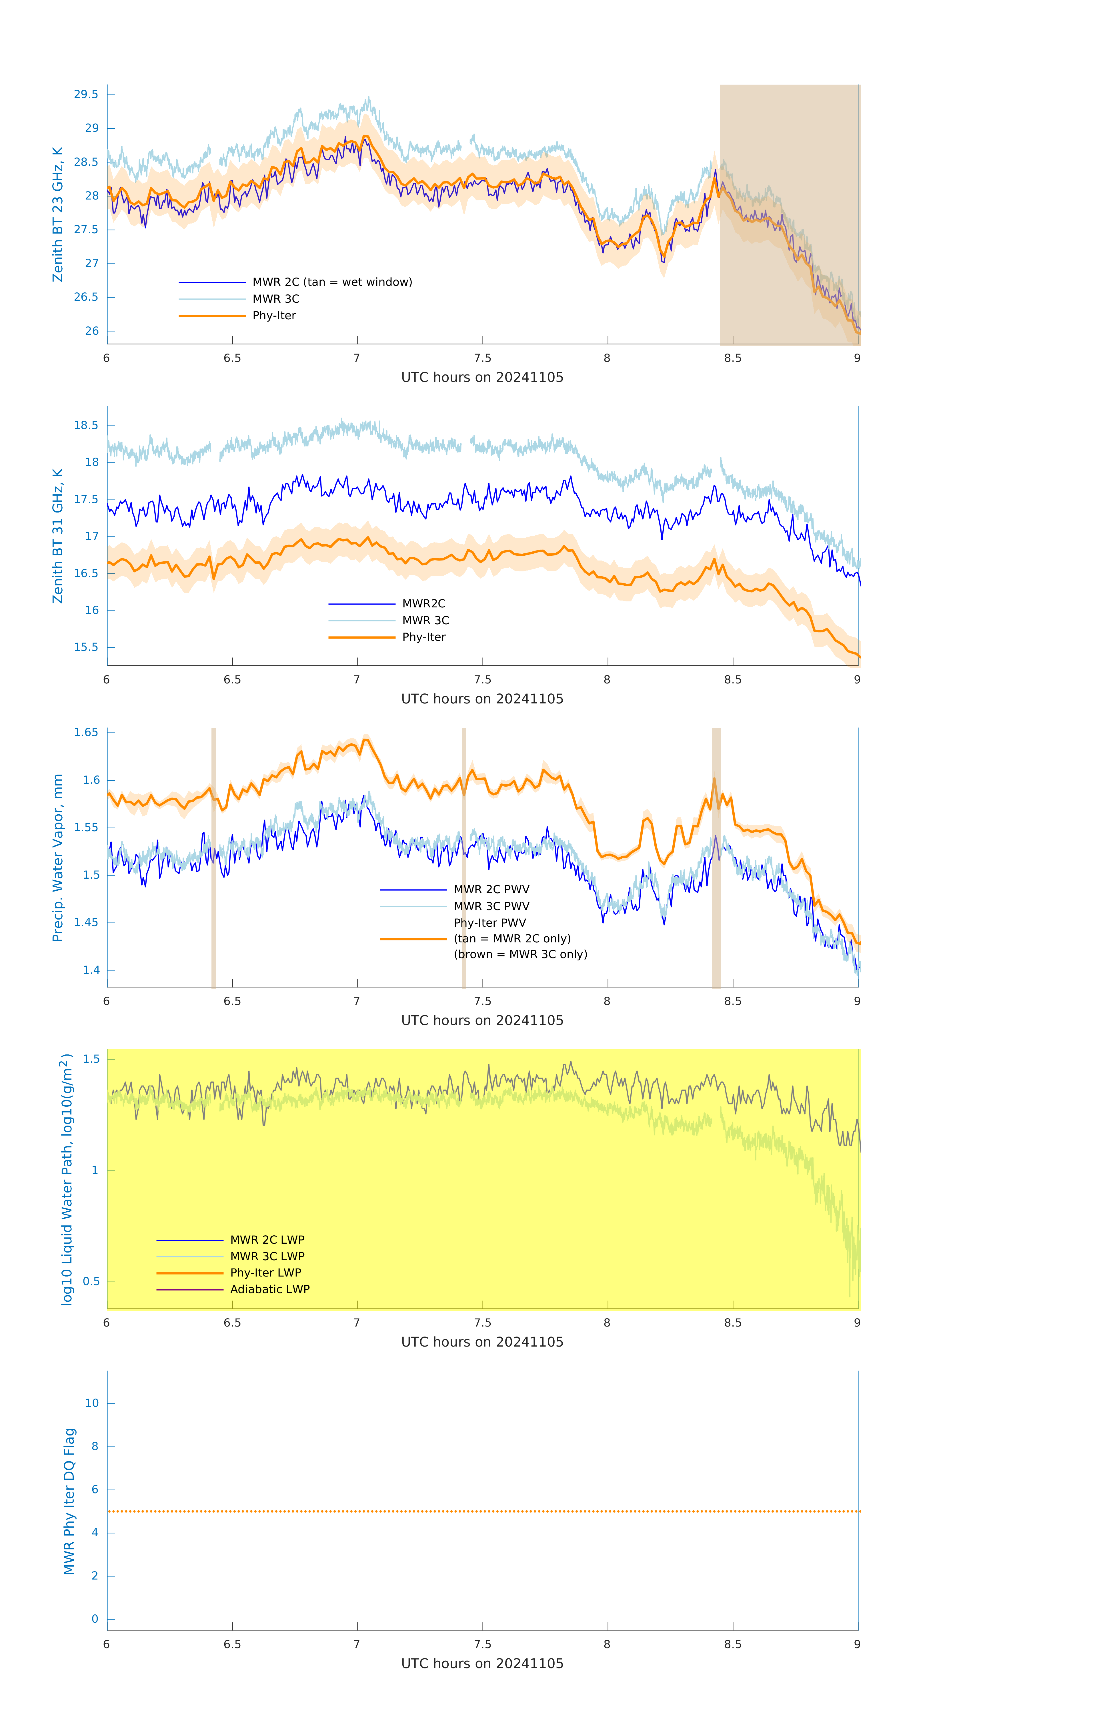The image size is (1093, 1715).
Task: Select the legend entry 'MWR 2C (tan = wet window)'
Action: point(332,282)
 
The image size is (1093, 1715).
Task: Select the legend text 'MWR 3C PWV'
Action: point(491,907)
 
